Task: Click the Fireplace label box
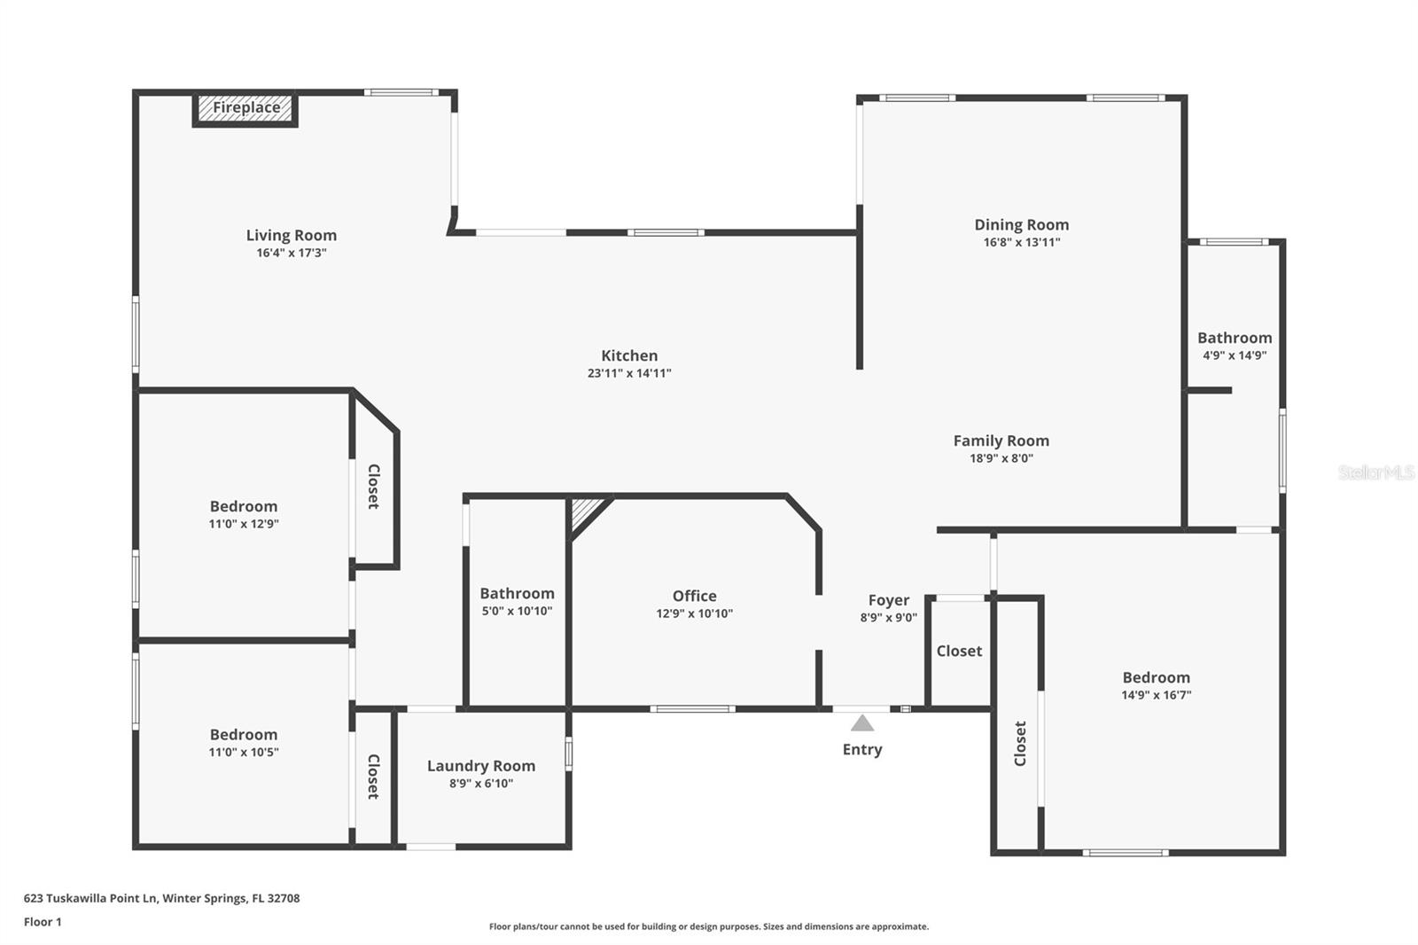245,108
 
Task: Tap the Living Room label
291,235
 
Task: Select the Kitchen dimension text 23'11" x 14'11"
628,373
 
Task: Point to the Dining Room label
1021,224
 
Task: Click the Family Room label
1001,441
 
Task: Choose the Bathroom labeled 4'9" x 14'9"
1234,338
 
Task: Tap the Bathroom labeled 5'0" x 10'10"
517,594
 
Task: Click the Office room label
694,596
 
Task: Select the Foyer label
888,600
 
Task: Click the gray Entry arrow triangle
862,723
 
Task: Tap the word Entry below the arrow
861,749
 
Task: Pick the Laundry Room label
480,766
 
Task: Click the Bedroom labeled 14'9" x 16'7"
1156,677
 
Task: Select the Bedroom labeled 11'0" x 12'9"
243,506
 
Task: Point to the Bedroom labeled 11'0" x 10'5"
243,735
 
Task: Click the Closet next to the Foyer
959,651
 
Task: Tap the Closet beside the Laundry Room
373,777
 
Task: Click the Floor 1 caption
43,922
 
